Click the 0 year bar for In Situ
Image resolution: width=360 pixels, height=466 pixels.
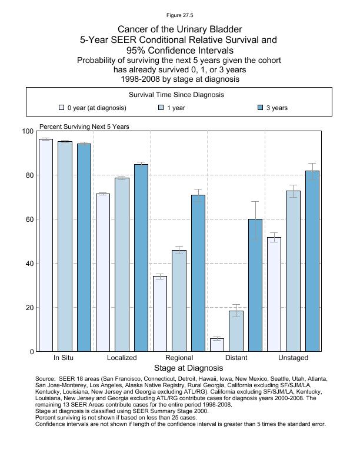46,245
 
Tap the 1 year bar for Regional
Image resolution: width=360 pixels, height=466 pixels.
179,301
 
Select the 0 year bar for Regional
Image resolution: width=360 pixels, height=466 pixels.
160,314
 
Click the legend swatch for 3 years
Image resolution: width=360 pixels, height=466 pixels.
261,108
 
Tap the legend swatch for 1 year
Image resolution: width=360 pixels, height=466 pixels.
161,108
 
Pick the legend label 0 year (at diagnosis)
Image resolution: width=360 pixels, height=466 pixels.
96,108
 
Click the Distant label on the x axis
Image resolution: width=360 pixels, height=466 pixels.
236,358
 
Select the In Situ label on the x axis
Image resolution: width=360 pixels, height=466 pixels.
64,358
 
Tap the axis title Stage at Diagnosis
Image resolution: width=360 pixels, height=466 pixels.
179,368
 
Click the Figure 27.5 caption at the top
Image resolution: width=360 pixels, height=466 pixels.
179,15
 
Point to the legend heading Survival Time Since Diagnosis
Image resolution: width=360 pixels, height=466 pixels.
176,95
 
